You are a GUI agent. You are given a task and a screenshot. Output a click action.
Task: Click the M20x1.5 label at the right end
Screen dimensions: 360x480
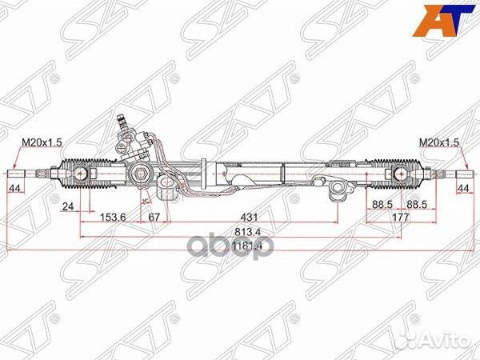(x=440, y=142)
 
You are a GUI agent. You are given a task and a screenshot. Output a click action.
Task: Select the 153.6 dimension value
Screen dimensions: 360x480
(x=114, y=217)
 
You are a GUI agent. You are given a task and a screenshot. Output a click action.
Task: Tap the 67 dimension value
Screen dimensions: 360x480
(x=155, y=217)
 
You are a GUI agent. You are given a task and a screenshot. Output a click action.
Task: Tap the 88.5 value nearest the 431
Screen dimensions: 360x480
(x=381, y=205)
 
